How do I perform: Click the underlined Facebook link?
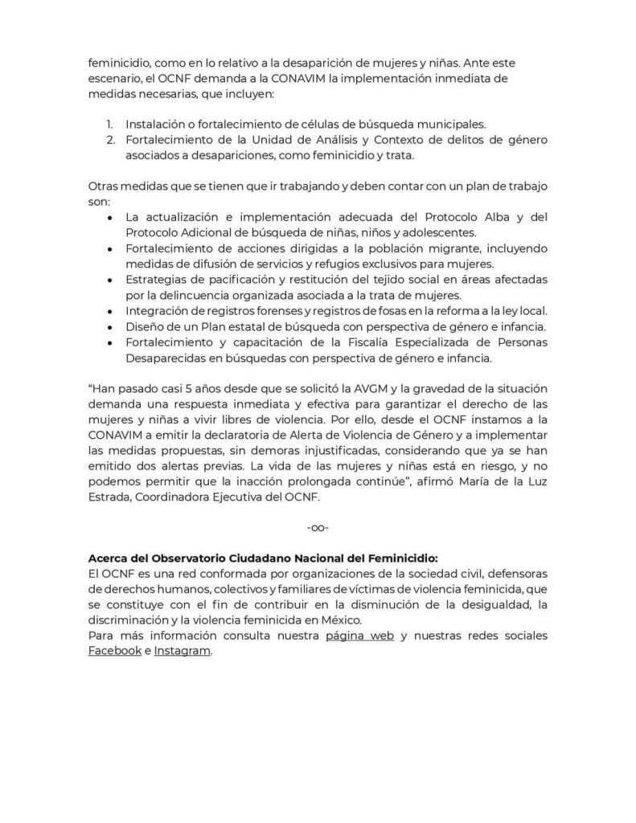[x=115, y=651]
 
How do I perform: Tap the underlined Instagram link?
[x=183, y=651]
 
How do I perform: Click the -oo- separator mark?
[x=318, y=527]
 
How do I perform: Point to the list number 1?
[x=110, y=125]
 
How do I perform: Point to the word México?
[x=343, y=620]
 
